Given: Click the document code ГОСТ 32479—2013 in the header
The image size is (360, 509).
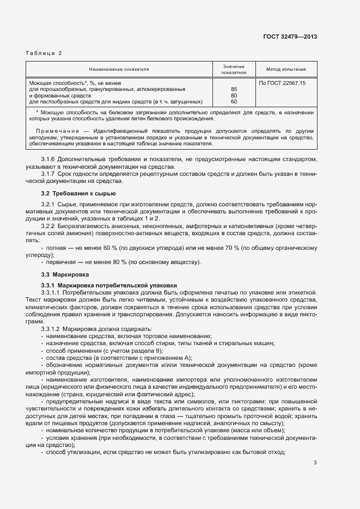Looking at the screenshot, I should [291, 36].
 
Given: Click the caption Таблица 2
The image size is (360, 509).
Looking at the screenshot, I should [44, 53].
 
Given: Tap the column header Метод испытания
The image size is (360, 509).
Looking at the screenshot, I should [285, 70].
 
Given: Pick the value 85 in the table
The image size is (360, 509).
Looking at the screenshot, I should [234, 89].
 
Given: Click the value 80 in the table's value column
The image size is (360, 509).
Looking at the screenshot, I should [234, 95].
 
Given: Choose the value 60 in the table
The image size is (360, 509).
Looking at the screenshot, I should [234, 102].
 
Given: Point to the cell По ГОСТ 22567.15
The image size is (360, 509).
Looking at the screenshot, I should [282, 82].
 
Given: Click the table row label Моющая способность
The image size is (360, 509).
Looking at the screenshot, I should [54, 82].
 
